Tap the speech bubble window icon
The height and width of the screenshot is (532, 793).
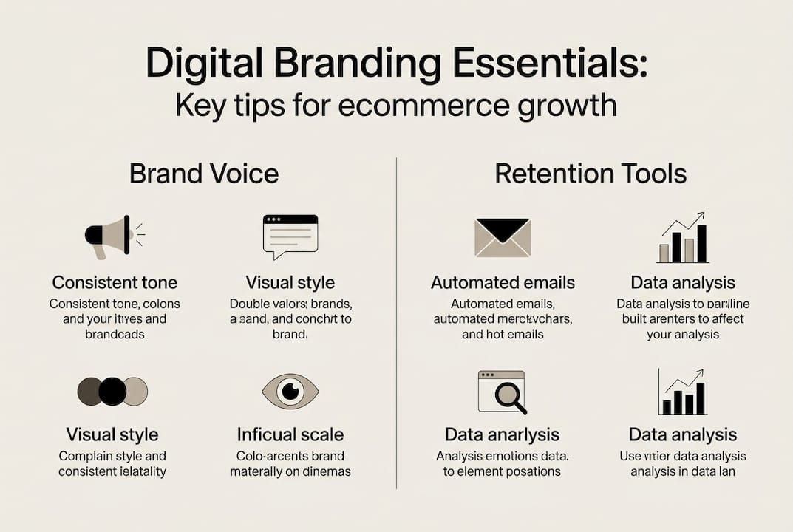click(x=290, y=236)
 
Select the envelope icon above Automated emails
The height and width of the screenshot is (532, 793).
click(x=502, y=237)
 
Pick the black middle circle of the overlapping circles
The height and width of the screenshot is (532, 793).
click(x=112, y=391)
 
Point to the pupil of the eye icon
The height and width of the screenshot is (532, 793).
click(x=290, y=391)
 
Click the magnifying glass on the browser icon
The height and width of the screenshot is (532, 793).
click(x=509, y=396)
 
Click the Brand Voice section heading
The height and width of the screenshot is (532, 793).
click(x=204, y=174)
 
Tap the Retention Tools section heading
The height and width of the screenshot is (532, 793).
click(x=591, y=174)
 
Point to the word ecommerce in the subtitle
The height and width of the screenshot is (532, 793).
click(x=418, y=105)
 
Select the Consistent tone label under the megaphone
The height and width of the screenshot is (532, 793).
click(x=115, y=282)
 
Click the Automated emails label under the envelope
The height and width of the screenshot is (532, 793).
click(x=503, y=282)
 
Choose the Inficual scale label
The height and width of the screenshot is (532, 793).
click(x=290, y=434)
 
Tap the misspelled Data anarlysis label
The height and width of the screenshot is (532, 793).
click(x=502, y=434)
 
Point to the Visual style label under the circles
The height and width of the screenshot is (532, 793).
click(x=112, y=434)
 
